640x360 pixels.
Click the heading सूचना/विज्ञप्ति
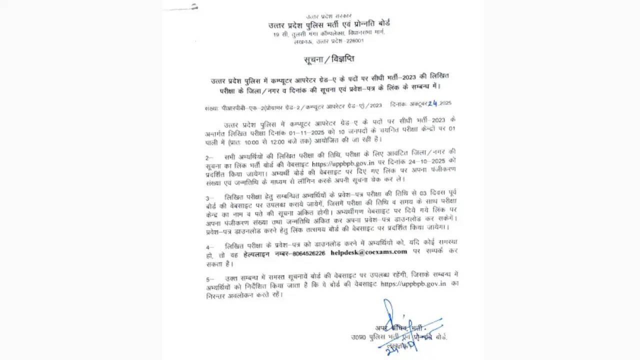tap(329, 59)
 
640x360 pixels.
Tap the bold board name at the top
tap(329, 23)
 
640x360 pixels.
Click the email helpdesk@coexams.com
tap(369, 252)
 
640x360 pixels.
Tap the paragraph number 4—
tap(210, 246)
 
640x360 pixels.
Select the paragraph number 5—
tap(210, 278)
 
